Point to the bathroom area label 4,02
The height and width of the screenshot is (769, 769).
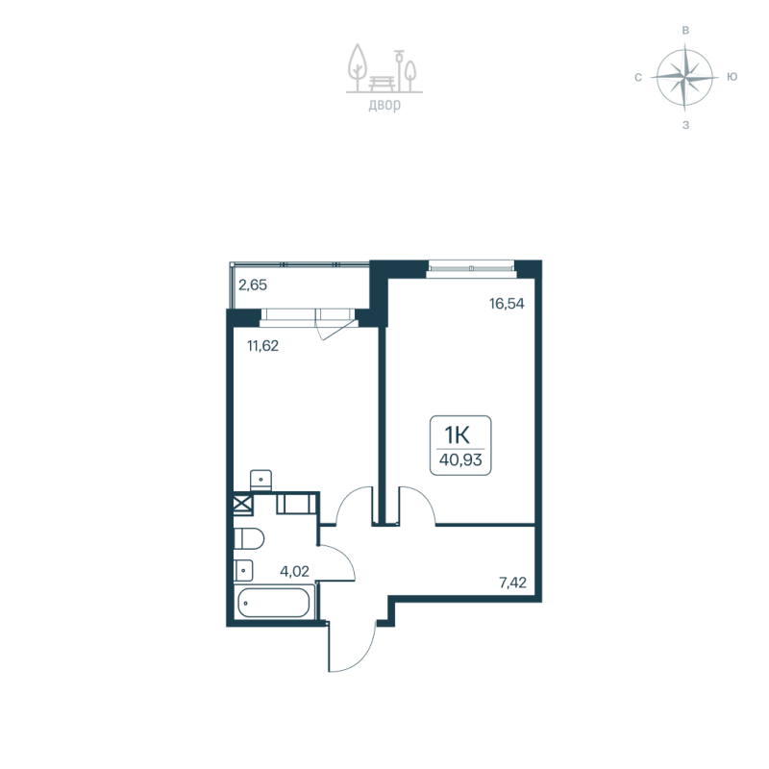point(295,570)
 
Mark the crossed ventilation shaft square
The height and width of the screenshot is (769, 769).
point(241,504)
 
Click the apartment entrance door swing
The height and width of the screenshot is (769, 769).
point(350,646)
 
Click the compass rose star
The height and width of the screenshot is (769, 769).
point(684,77)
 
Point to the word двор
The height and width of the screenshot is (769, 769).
point(384,106)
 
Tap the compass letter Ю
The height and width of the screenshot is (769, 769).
point(732,77)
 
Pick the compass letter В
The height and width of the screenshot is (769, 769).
point(684,31)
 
